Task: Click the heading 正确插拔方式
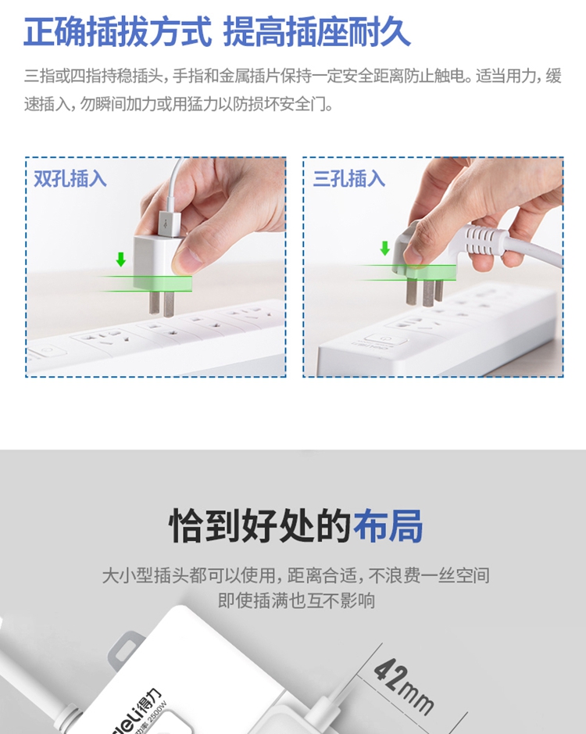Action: (x=117, y=32)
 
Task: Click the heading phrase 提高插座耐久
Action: (x=317, y=32)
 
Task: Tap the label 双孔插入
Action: (x=70, y=179)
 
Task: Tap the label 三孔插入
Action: (x=349, y=179)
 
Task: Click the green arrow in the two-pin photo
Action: (x=121, y=259)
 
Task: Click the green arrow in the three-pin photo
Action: (x=384, y=248)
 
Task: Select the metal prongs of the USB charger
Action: (x=162, y=303)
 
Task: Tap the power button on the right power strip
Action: (x=384, y=338)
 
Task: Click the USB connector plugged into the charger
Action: (x=169, y=224)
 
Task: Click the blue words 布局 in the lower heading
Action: (x=388, y=525)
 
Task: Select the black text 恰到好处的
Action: (x=259, y=525)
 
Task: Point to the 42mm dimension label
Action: (x=403, y=686)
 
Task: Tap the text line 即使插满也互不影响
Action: (x=296, y=600)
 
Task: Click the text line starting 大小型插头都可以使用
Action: (x=296, y=575)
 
